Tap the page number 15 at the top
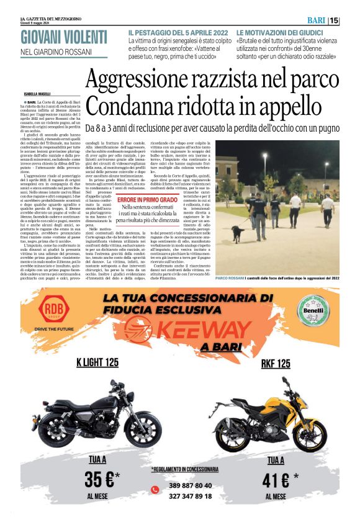click(x=351, y=20)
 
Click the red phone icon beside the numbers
click(x=155, y=490)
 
